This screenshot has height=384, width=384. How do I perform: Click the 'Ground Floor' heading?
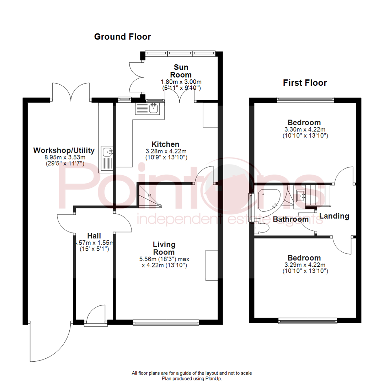pyautogui.click(x=122, y=37)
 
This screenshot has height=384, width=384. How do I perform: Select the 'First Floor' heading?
pyautogui.click(x=305, y=83)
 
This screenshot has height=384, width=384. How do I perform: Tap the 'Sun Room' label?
pyautogui.click(x=181, y=71)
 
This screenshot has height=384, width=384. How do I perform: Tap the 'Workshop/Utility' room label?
pyautogui.click(x=64, y=150)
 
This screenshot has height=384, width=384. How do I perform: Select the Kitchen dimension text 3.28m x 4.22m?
pyautogui.click(x=165, y=151)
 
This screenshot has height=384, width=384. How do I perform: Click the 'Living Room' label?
pyautogui.click(x=164, y=248)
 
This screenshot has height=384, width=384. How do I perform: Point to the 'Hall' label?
pyautogui.click(x=94, y=236)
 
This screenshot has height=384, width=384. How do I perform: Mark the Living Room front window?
pyautogui.click(x=166, y=322)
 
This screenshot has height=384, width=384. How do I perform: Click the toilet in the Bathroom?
pyautogui.click(x=262, y=228)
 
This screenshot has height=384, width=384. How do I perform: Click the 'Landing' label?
pyautogui.click(x=334, y=216)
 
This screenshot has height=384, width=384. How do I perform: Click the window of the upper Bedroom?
pyautogui.click(x=305, y=100)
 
